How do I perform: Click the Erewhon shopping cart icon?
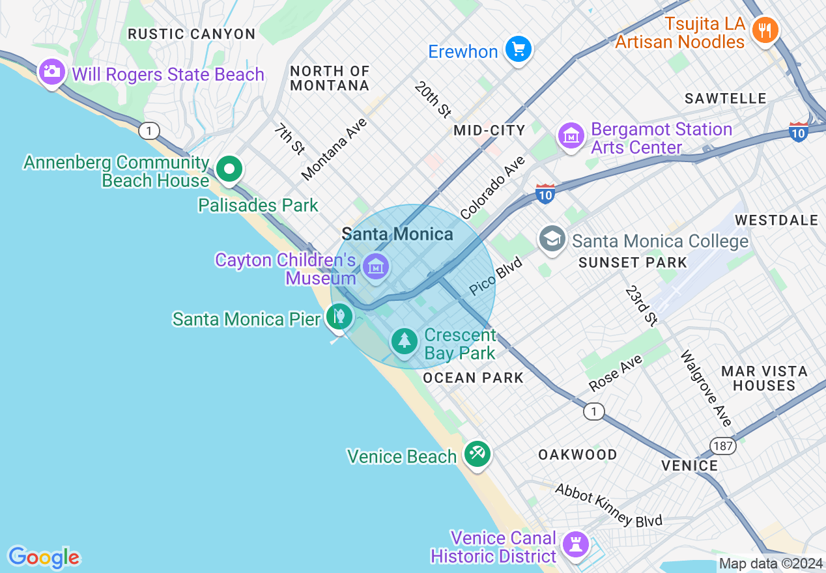519,49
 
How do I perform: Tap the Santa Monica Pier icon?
339,317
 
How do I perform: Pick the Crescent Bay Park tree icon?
405,341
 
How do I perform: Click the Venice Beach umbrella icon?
477,453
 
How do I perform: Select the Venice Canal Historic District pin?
576,544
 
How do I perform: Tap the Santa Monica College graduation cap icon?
552,239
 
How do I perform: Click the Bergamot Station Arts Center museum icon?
571,136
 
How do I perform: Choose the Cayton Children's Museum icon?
376,266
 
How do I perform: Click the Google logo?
44,557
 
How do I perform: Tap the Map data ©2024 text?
771,563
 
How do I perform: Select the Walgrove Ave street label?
705,389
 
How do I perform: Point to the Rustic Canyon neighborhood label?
192,34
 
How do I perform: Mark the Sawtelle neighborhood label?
726,98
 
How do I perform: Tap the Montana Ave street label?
334,149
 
